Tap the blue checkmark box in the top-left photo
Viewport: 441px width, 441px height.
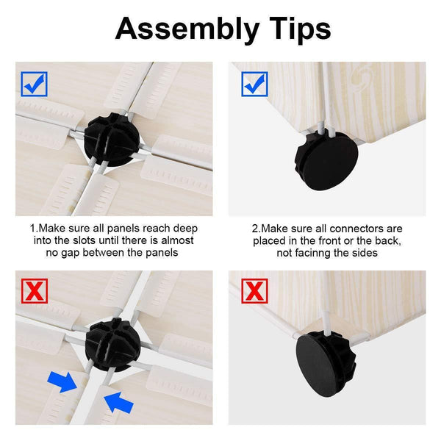tap(34, 84)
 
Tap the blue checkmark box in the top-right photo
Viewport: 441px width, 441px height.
tap(254, 84)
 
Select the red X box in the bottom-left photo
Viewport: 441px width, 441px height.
tap(35, 291)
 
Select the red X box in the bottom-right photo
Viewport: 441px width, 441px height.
tap(254, 291)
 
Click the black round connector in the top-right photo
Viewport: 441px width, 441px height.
tap(326, 161)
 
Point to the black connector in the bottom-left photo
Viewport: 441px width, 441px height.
tap(112, 345)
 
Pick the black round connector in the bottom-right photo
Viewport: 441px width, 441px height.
tap(326, 363)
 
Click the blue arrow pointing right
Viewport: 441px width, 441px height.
tap(62, 381)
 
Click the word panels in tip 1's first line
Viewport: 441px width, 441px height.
tap(124, 229)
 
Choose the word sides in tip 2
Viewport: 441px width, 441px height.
tap(364, 253)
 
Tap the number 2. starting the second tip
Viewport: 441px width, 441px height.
tap(256, 229)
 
